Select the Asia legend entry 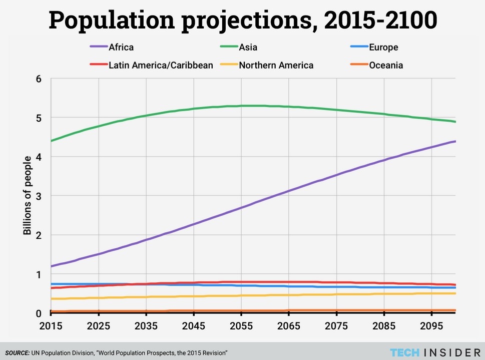(x=249, y=48)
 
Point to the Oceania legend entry (x=385, y=65)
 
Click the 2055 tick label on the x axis (x=241, y=325)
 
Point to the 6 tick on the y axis (x=39, y=79)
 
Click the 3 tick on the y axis (x=39, y=196)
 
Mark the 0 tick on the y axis (x=39, y=313)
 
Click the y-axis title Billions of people (x=28, y=196)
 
